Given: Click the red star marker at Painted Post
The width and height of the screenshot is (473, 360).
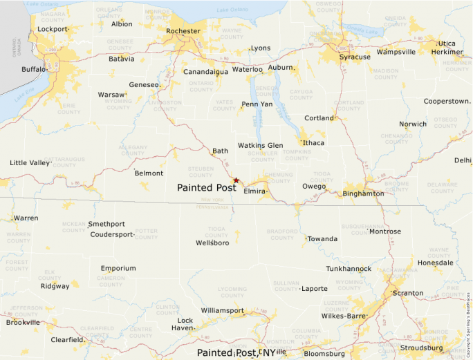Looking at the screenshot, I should tap(236, 180).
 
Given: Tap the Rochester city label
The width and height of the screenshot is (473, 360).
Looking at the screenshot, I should tap(183, 31).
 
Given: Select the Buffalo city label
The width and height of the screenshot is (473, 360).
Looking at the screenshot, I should tap(33, 70).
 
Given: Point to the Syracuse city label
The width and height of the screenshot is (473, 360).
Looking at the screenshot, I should tap(355, 57).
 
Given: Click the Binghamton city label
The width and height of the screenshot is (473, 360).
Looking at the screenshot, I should tap(363, 194).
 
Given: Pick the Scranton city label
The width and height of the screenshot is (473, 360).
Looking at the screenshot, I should tap(408, 293).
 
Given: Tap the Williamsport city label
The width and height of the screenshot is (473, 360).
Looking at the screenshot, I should tap(222, 311).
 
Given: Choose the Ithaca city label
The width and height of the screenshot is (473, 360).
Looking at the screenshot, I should tap(313, 143).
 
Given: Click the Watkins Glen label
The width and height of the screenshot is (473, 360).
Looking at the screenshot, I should tap(261, 146).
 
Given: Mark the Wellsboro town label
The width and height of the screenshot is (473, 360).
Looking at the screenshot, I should tap(212, 243).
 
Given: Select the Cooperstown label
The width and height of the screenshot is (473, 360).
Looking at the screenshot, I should tap(447, 101).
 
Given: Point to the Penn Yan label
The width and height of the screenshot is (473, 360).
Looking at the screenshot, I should tap(257, 105).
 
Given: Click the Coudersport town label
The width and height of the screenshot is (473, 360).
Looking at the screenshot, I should tap(111, 234).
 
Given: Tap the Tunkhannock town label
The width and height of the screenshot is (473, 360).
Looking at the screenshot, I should tap(349, 269).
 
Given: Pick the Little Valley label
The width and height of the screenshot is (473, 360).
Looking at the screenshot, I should tap(30, 163).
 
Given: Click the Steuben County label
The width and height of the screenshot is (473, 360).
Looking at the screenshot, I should tap(201, 171).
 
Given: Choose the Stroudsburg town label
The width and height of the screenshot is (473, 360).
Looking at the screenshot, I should tap(420, 347).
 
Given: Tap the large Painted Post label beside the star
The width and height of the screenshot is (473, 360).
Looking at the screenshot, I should tap(206, 187).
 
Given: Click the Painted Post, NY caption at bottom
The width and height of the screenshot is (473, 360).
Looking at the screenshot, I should tap(236, 353).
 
